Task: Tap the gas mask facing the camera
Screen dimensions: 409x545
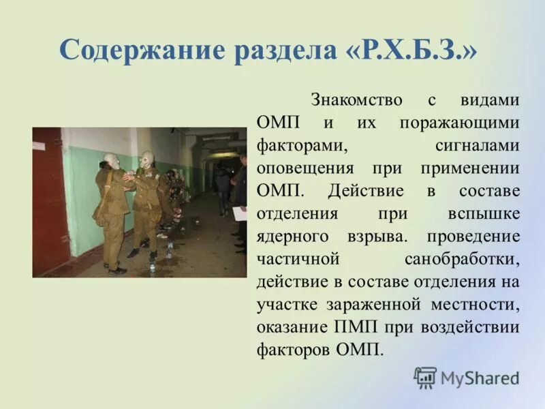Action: click(x=146, y=160)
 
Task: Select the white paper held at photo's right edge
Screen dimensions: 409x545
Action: click(x=238, y=213)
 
